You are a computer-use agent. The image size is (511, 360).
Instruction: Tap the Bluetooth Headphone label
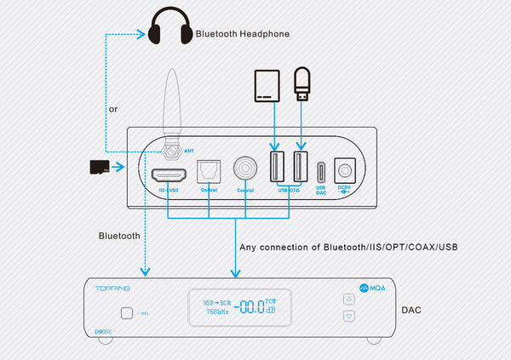[243, 34]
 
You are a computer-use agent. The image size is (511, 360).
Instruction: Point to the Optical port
[209, 172]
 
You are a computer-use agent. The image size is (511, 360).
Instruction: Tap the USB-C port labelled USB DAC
[321, 169]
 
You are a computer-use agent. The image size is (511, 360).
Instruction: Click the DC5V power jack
[345, 169]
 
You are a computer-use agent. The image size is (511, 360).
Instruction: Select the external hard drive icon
[268, 89]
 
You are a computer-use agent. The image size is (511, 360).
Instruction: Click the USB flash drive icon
[300, 83]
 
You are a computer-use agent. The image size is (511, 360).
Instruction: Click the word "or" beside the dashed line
[113, 110]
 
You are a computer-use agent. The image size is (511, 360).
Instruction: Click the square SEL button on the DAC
[127, 312]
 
